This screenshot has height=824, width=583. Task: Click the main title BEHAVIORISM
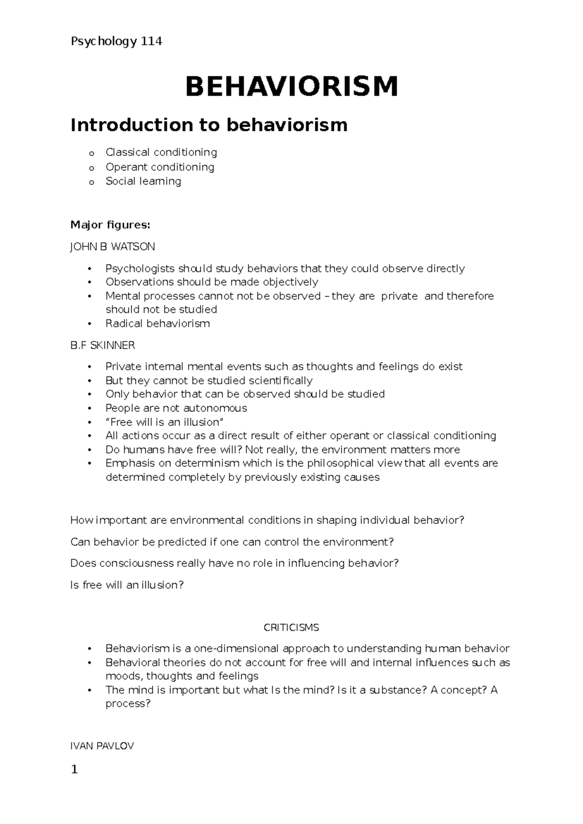[x=291, y=86]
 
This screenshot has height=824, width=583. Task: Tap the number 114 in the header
[x=151, y=42]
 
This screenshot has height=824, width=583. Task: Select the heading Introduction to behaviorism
[x=209, y=125]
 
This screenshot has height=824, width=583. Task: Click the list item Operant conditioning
[x=160, y=167]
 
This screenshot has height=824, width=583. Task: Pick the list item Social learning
[x=143, y=181]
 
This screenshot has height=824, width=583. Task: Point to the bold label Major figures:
[x=110, y=225]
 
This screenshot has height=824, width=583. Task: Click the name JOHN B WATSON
[x=113, y=247]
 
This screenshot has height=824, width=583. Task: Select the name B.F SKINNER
[x=103, y=345]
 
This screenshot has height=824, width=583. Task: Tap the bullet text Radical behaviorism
[x=157, y=324]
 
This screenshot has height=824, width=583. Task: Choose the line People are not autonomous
[x=176, y=408]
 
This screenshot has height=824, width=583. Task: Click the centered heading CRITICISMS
[x=291, y=628]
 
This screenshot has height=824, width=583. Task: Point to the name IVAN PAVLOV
[x=102, y=746]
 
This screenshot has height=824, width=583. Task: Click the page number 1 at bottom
[x=74, y=770]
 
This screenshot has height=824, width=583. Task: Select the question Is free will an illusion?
[x=127, y=585]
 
